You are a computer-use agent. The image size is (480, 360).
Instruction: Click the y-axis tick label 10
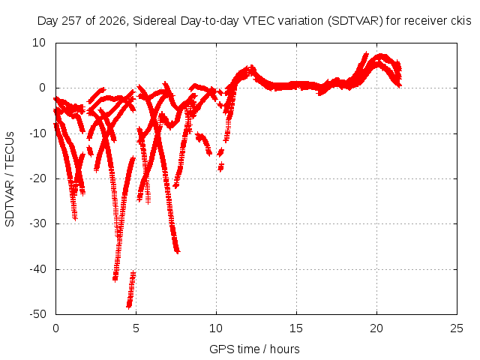pos(39,43)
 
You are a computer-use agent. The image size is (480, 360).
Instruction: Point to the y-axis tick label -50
pos(37,314)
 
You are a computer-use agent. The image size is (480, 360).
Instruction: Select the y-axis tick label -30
pos(37,223)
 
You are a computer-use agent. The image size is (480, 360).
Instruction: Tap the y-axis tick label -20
pos(37,178)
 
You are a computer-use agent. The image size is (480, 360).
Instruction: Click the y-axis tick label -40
pos(37,268)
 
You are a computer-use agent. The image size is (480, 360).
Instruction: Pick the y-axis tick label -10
pos(37,133)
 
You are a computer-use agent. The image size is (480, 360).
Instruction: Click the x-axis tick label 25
pos(457,328)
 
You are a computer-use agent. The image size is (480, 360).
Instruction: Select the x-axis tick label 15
pos(296,328)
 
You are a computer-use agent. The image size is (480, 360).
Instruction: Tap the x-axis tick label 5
pos(136,328)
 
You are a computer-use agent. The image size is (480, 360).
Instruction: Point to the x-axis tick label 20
pos(376,328)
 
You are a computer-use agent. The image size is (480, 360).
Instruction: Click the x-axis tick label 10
pos(216,328)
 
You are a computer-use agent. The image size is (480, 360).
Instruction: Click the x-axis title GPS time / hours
pos(254,349)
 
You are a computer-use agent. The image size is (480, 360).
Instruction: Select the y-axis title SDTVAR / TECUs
pos(10,179)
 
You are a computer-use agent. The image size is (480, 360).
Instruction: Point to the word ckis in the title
pos(461,21)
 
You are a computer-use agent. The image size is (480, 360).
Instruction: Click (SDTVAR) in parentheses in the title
pos(355,21)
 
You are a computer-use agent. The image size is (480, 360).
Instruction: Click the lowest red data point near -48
pos(129,306)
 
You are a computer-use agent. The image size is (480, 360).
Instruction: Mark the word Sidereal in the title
pos(155,21)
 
